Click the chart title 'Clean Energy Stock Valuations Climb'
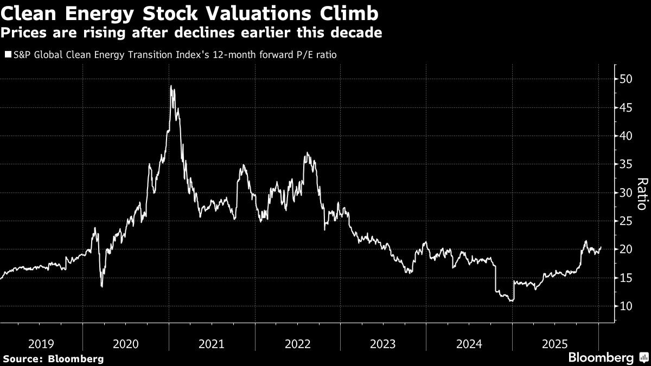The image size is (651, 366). point(190,12)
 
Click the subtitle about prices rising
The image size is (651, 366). point(191,33)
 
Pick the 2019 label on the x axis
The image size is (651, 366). point(41,344)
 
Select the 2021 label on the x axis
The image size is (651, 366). point(212,344)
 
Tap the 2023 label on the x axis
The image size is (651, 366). point(384,344)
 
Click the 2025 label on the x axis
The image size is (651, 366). point(555,344)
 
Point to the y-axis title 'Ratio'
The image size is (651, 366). point(641,194)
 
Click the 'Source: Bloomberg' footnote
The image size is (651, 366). point(53,358)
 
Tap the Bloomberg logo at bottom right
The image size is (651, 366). point(607,358)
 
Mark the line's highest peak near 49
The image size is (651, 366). point(171,86)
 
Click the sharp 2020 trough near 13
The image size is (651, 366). point(101,287)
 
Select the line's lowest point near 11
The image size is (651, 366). point(512,300)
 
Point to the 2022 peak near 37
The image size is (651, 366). point(307,153)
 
